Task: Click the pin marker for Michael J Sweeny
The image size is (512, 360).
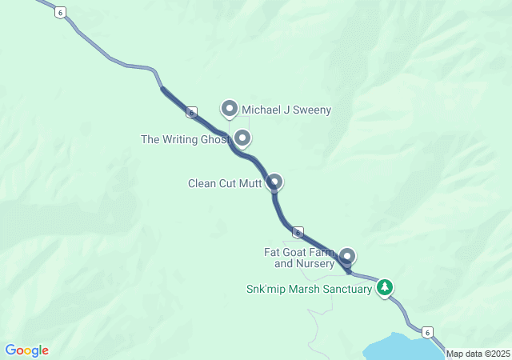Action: pos(230,108)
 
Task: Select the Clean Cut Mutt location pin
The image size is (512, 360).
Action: pos(274,182)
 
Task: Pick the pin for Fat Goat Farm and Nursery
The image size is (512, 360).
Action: pos(346,256)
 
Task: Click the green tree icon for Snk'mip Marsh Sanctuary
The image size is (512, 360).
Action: pos(385,287)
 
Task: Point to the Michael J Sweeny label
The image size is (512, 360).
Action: pos(286,110)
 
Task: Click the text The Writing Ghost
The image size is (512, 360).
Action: pos(186,139)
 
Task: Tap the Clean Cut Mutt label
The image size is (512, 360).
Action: pos(224,183)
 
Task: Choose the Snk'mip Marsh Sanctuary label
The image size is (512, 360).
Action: pos(309,289)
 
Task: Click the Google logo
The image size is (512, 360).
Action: pos(27,350)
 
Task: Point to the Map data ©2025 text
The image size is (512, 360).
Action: pos(478,354)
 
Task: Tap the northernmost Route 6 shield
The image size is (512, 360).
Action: pos(59,12)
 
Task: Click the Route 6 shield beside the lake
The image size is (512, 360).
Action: pos(428,331)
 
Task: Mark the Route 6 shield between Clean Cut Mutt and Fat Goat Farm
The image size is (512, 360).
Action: pos(297,233)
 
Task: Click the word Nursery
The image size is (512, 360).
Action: pos(315,263)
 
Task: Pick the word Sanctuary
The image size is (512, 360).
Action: pos(346,289)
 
